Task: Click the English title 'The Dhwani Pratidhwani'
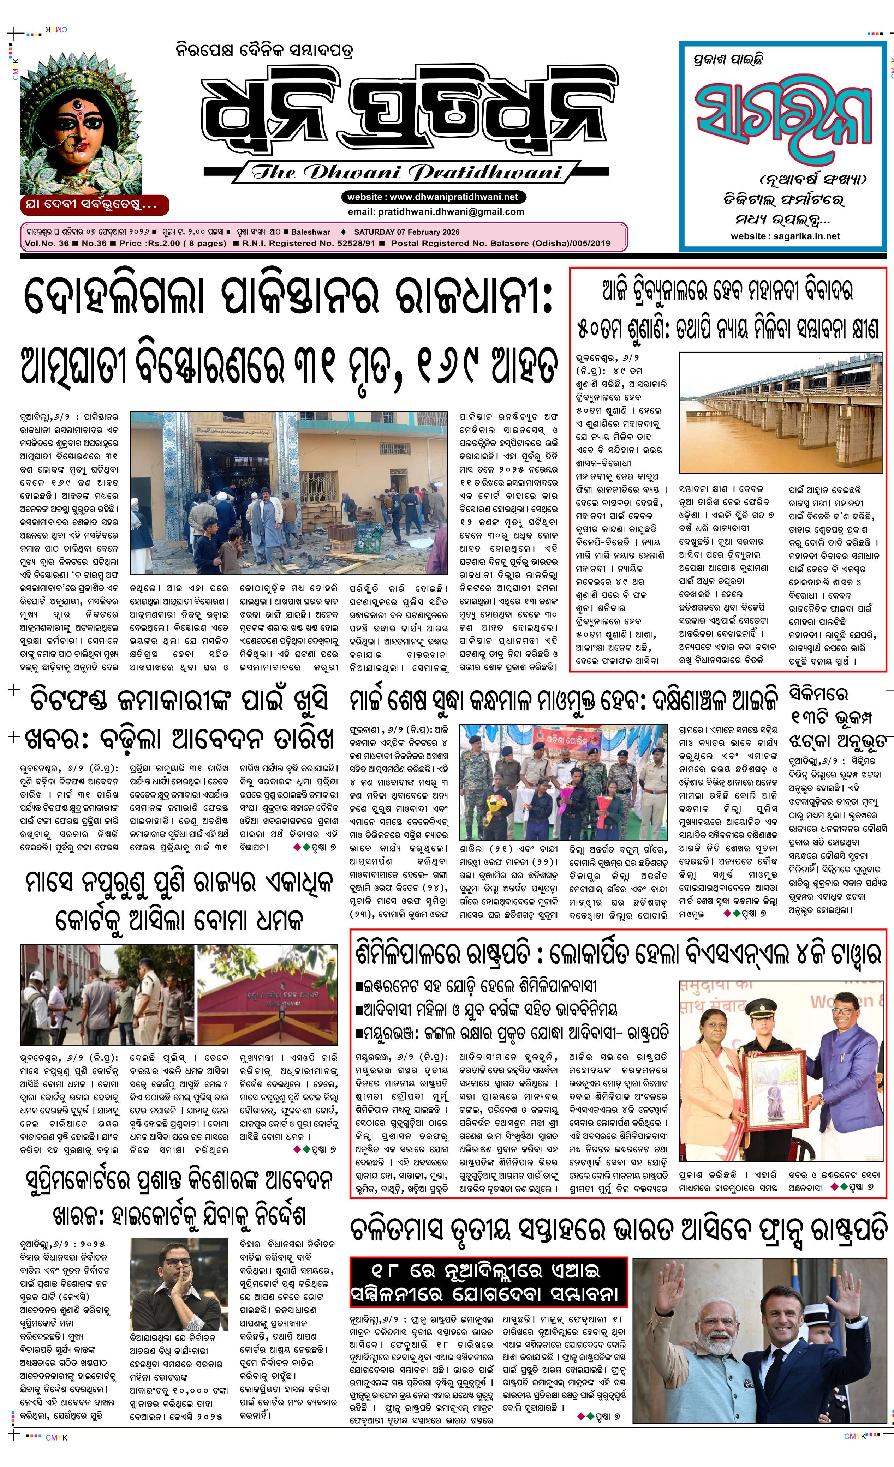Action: click(x=406, y=173)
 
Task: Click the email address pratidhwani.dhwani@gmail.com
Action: click(x=436, y=211)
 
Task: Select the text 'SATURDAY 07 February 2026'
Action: click(x=406, y=232)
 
